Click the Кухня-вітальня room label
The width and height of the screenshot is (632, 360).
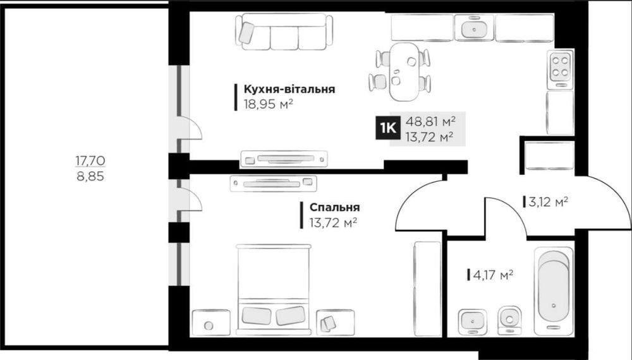click(x=289, y=88)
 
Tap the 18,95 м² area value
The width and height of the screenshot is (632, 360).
click(x=268, y=104)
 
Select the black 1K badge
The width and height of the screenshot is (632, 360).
click(x=388, y=128)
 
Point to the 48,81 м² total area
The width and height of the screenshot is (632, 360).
click(x=430, y=121)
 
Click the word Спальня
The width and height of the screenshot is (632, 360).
click(x=334, y=207)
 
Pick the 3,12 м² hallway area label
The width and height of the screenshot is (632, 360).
click(x=548, y=201)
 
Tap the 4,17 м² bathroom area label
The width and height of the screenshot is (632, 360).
click(x=493, y=275)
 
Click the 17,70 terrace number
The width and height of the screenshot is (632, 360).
click(x=90, y=160)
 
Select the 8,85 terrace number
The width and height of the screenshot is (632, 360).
click(x=90, y=176)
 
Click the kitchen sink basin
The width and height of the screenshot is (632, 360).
click(x=475, y=28)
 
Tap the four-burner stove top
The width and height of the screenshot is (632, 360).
click(x=560, y=67)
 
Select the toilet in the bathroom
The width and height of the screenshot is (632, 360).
click(x=509, y=320)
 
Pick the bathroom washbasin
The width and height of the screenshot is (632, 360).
click(x=472, y=321)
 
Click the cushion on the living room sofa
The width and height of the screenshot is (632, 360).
click(x=246, y=33)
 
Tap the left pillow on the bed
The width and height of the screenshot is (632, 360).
click(x=256, y=316)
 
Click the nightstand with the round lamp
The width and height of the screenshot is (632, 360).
click(x=211, y=322)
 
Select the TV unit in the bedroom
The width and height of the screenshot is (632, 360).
click(x=273, y=184)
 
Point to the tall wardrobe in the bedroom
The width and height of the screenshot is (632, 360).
click(x=428, y=289)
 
